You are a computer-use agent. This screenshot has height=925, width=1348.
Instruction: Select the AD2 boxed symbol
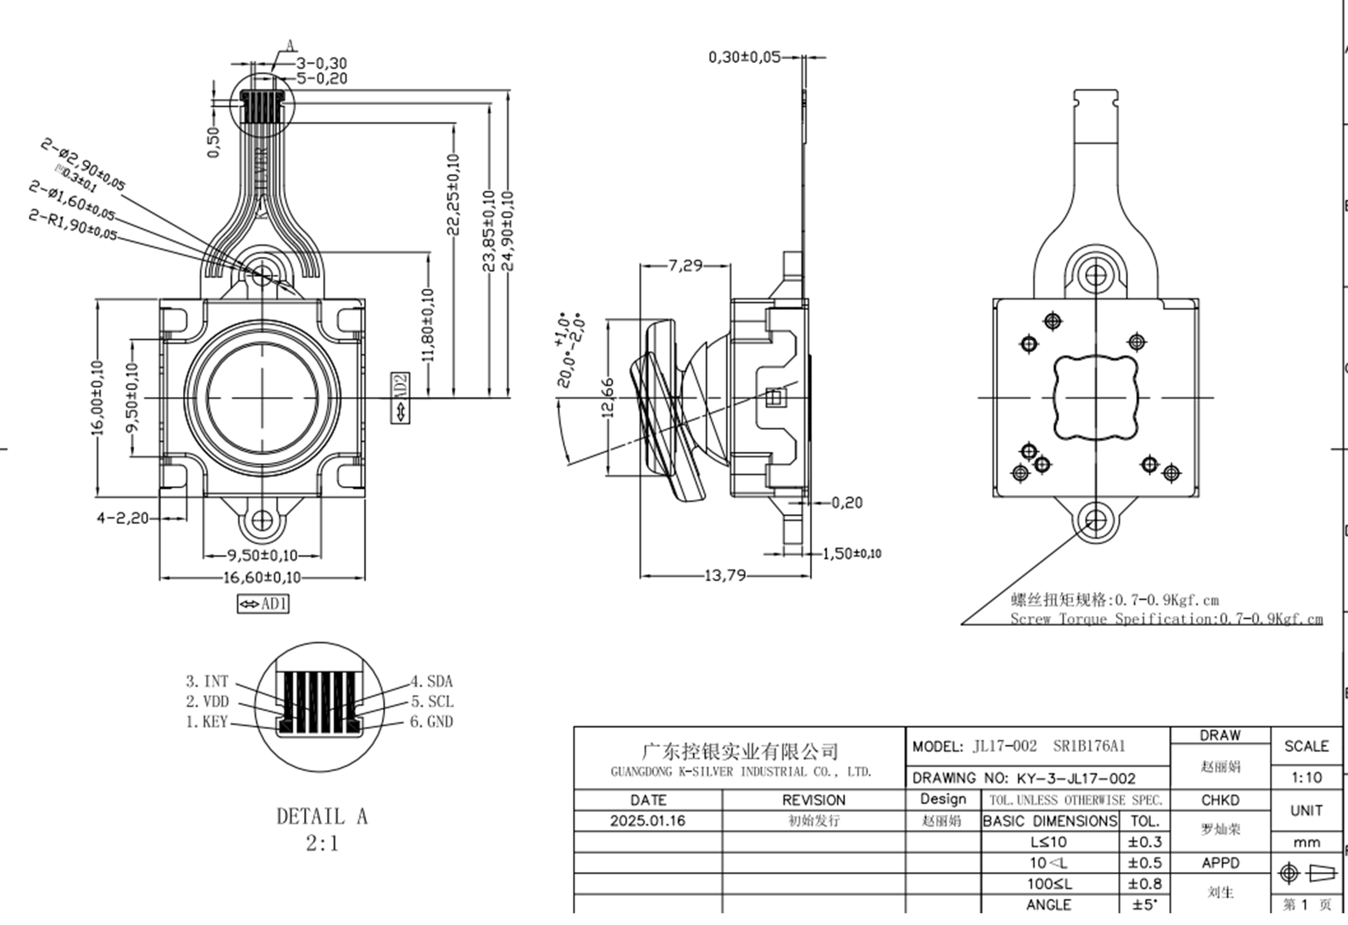tap(400, 398)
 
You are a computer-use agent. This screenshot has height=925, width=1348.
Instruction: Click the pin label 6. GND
tap(431, 722)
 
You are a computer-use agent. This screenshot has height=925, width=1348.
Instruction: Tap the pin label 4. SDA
tap(431, 682)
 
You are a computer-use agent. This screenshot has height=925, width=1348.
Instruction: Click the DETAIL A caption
tap(322, 816)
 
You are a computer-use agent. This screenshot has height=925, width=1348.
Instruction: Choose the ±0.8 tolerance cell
tap(1145, 884)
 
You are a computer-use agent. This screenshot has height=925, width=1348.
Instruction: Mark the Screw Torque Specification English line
tap(1166, 619)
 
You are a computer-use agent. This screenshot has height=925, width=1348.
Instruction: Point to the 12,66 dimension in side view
tap(607, 398)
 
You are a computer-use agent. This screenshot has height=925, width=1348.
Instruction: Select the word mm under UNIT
tap(1306, 842)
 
